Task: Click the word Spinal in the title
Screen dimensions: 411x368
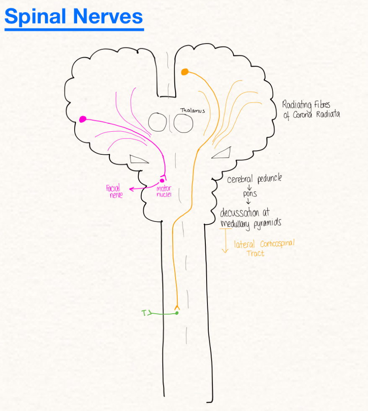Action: [36, 17]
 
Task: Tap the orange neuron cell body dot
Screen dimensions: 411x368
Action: [184, 72]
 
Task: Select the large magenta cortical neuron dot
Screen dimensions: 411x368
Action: [83, 119]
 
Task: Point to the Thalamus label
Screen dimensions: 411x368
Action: [192, 111]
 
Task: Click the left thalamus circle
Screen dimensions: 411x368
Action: [158, 122]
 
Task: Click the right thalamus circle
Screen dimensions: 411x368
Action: [184, 122]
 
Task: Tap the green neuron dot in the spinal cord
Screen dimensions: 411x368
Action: [177, 313]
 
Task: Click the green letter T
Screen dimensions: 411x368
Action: [144, 312]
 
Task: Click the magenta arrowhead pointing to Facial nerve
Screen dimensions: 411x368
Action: [131, 189]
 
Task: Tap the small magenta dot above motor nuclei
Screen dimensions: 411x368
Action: [162, 181]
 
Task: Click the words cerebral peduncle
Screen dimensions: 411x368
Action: [254, 179]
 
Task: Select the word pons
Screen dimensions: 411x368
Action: [250, 194]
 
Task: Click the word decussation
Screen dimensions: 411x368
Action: [242, 213]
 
